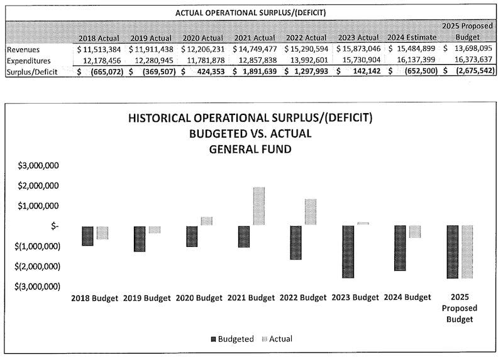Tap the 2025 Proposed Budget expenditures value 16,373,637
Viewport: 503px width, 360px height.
coord(468,60)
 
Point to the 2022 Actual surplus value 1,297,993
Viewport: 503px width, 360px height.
coord(310,72)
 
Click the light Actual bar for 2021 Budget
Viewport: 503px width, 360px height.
coord(258,206)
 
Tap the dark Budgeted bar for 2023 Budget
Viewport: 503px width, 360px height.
coord(349,251)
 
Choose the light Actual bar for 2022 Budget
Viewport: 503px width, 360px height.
coord(311,212)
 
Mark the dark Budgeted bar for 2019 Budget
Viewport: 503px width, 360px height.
coord(140,239)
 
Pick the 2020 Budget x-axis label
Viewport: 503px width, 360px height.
coord(199,298)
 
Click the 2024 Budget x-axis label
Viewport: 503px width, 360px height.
coord(408,298)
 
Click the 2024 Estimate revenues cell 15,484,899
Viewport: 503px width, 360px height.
coord(412,48)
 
